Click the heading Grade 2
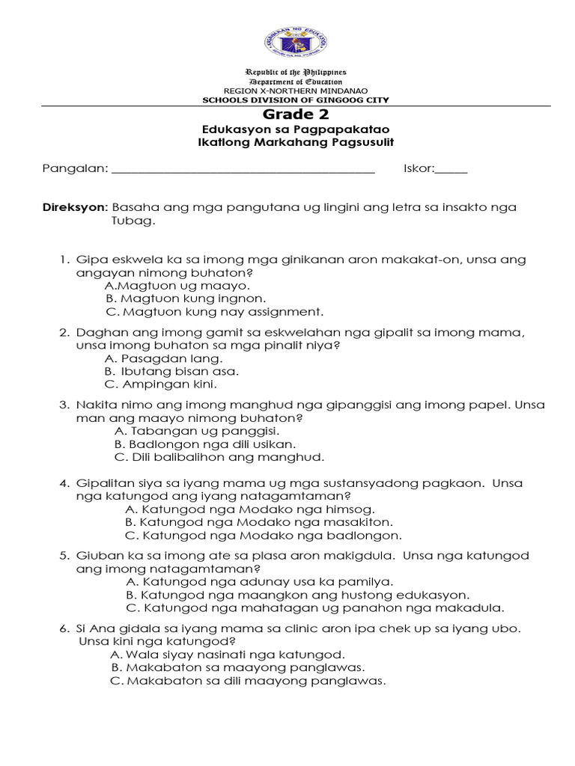coord(295,114)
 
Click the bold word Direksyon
coord(76,207)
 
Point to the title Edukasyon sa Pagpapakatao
coord(295,129)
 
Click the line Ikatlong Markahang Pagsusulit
coord(295,142)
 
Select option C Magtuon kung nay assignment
coord(213,311)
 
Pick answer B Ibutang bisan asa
coord(171,371)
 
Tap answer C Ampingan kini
coord(160,384)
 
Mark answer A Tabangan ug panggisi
coord(197,432)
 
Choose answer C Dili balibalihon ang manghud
coord(219,457)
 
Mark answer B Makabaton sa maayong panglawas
coord(238,667)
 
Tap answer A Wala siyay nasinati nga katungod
coord(227,654)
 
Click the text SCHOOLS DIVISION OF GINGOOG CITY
coord(296,99)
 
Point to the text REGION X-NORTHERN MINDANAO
coord(295,91)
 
